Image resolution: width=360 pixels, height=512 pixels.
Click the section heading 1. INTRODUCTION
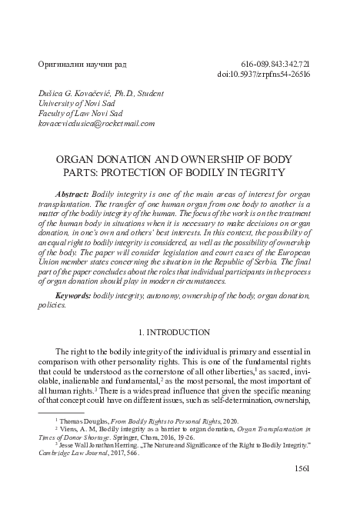pos(180,332)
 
